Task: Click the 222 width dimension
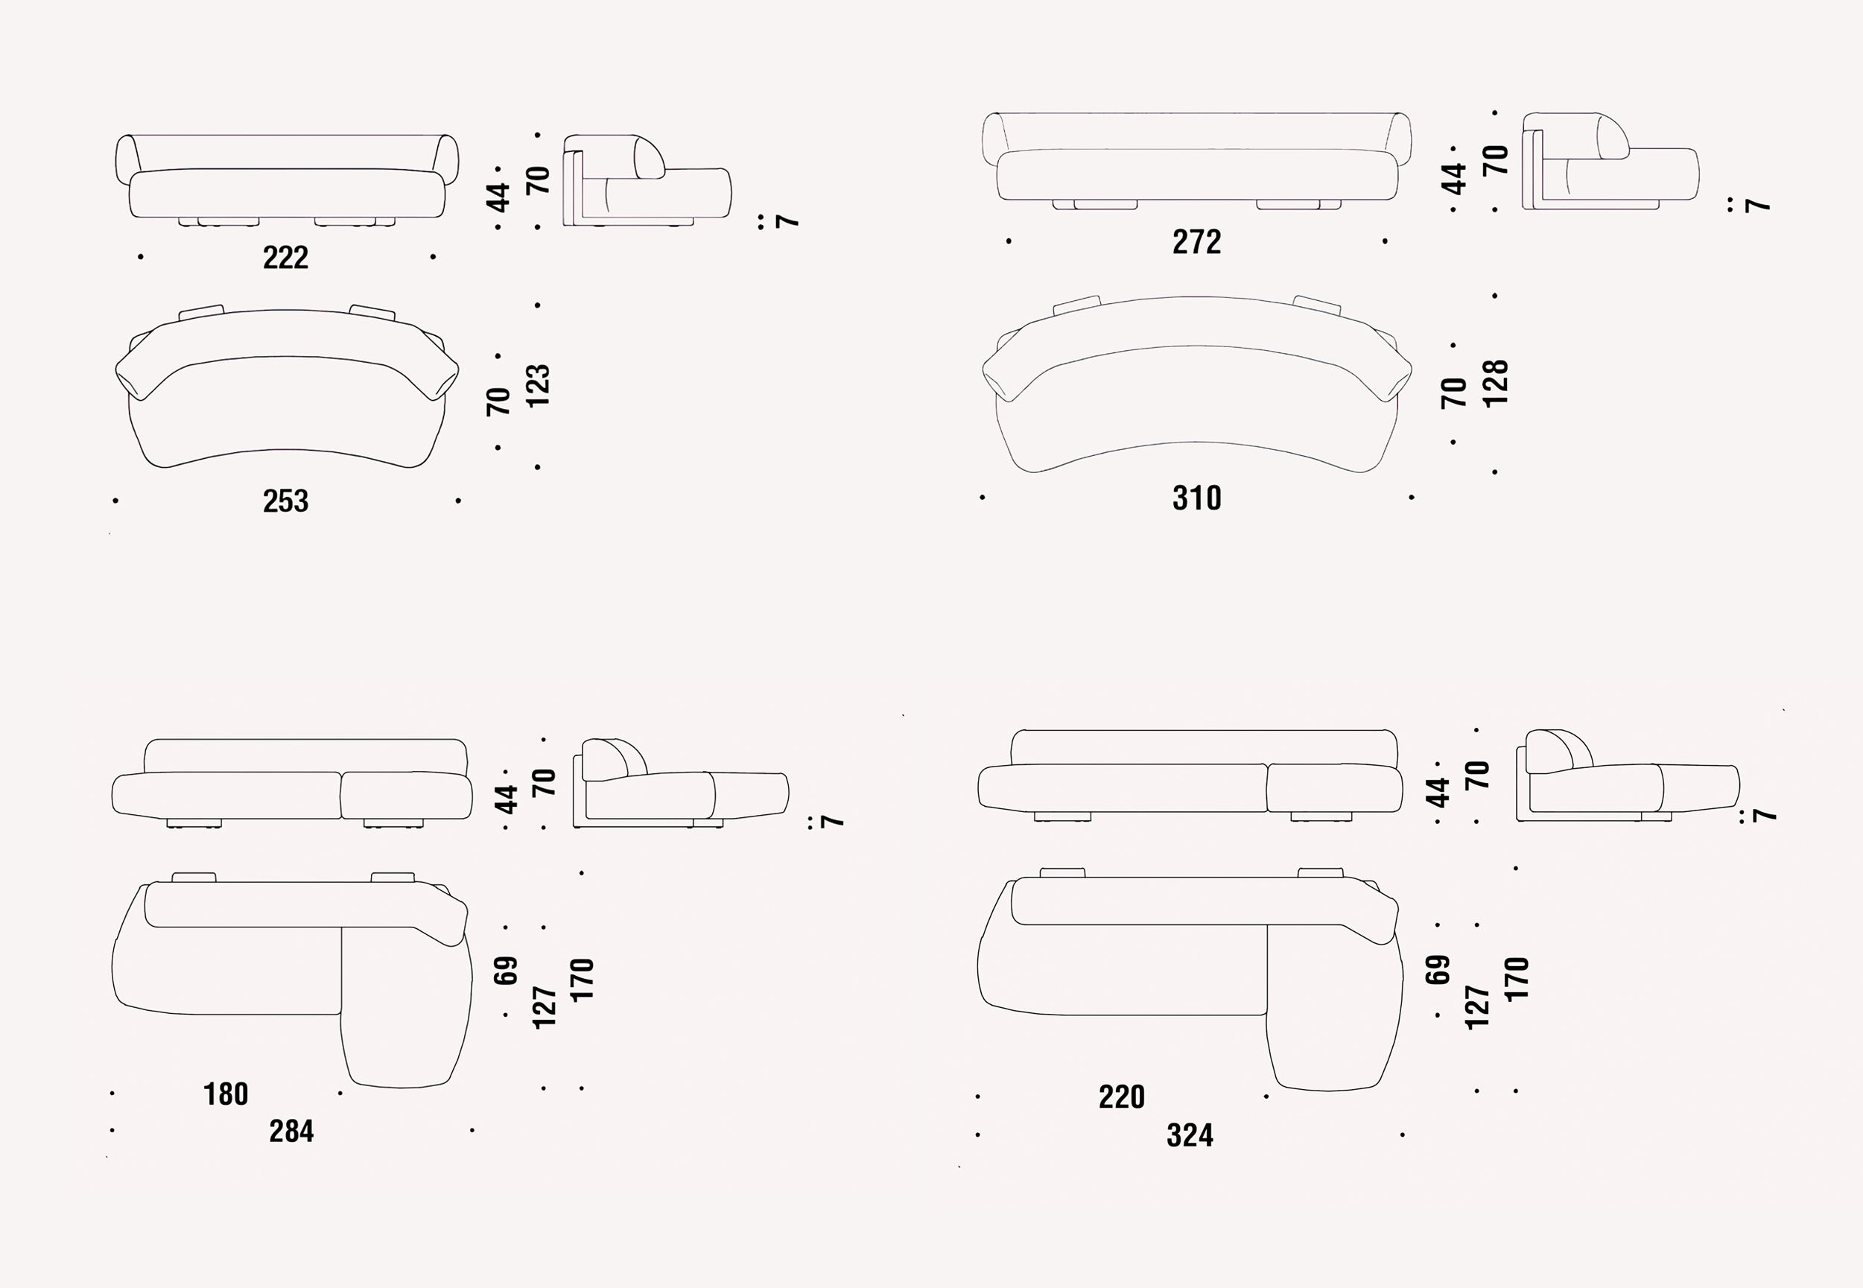285,258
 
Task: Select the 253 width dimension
285,501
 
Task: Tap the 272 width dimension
1196,242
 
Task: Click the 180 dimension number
226,1094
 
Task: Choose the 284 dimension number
291,1132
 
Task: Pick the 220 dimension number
1122,1097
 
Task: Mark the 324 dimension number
1190,1135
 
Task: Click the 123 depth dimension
537,386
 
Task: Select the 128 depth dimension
1495,384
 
